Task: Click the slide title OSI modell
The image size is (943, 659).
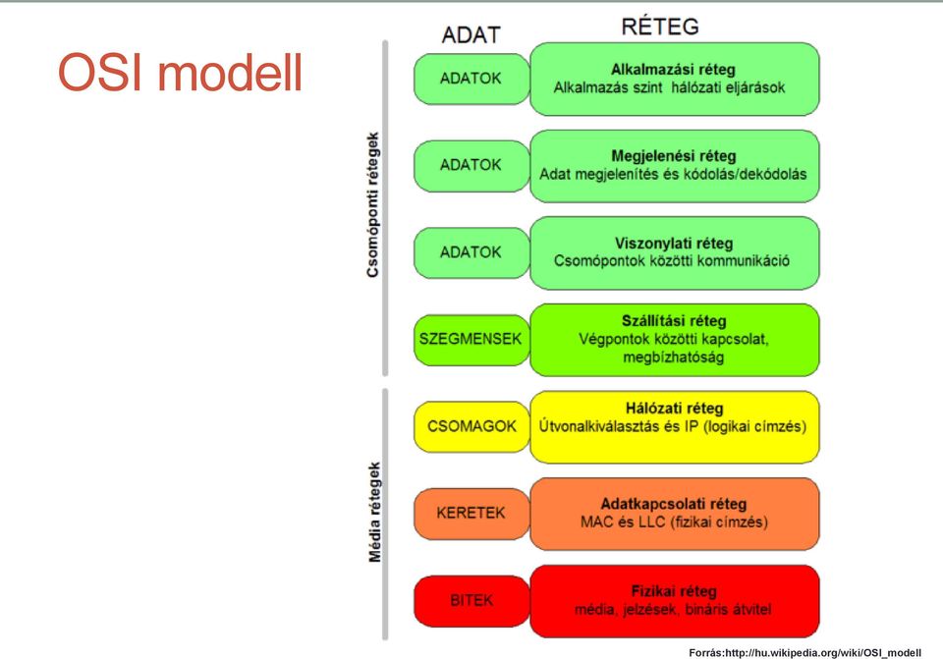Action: (x=180, y=73)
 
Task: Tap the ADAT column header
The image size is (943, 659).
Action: (x=471, y=35)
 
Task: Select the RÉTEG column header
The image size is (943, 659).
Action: (x=660, y=27)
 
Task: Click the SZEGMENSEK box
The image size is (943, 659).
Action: (x=471, y=340)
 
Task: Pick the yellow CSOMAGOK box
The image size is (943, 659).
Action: (x=471, y=427)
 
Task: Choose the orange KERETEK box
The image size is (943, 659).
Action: (x=471, y=514)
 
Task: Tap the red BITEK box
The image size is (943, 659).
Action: (x=471, y=601)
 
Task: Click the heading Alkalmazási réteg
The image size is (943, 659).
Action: (x=673, y=70)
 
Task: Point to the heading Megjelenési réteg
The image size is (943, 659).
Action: (x=674, y=156)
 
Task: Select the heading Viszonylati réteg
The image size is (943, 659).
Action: (x=674, y=244)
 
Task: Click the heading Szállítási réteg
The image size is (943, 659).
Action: (x=674, y=321)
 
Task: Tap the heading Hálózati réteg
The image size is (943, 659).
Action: (x=674, y=409)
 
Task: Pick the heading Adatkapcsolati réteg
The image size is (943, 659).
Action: (x=674, y=504)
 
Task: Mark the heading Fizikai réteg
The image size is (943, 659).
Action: (x=674, y=591)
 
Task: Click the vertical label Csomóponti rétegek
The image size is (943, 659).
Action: (x=373, y=205)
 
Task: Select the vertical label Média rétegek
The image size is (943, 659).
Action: (x=374, y=513)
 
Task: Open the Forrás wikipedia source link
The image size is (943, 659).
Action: (x=804, y=653)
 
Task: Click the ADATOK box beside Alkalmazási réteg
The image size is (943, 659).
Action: (x=471, y=79)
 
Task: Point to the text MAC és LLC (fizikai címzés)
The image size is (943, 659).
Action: (x=674, y=522)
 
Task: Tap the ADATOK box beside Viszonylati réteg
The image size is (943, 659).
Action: (x=471, y=252)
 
